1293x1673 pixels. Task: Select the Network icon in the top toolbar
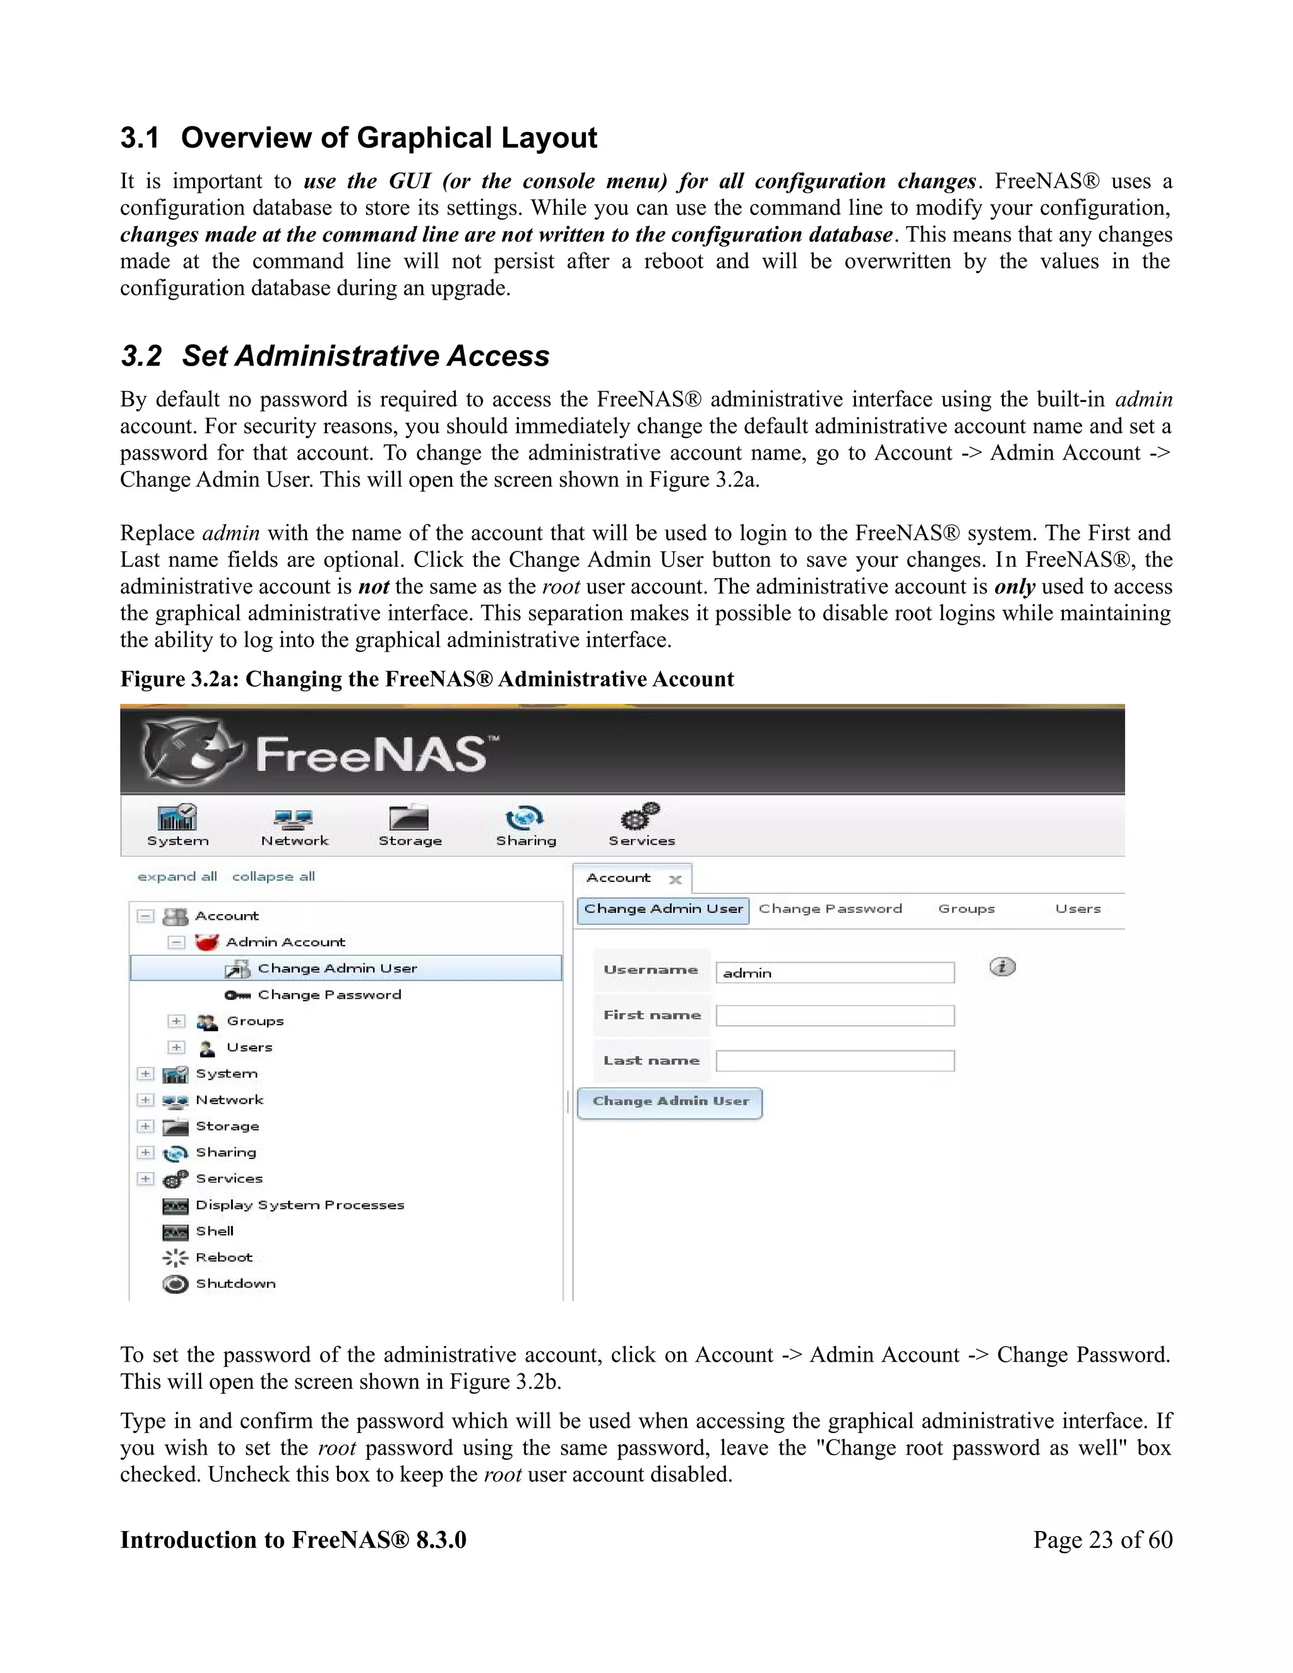point(294,819)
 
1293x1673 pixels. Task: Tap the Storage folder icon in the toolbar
point(409,818)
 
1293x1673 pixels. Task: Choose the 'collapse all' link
point(273,876)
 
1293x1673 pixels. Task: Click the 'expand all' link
point(177,876)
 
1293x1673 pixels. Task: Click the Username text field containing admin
point(835,973)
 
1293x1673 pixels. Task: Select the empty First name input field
point(835,1016)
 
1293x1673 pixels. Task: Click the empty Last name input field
point(835,1061)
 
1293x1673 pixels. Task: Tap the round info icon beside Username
point(1002,967)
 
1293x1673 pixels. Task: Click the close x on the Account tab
point(675,879)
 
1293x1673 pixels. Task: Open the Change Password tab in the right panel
point(830,909)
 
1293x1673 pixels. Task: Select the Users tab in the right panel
point(1078,909)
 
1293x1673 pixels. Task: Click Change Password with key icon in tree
point(328,995)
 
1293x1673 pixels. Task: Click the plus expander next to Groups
point(176,1021)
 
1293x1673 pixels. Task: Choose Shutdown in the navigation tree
point(235,1284)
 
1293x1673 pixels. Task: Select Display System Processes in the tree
point(299,1205)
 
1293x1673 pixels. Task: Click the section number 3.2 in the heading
point(141,356)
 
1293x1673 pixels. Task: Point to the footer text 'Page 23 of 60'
point(1102,1540)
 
